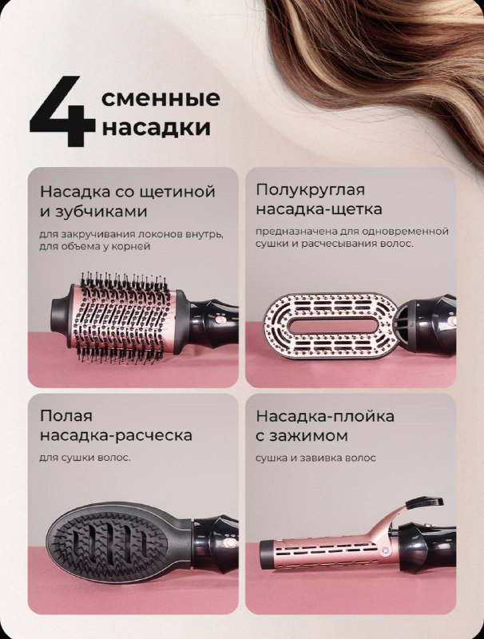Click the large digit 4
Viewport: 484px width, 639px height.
(61, 113)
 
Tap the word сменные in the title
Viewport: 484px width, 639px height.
(161, 98)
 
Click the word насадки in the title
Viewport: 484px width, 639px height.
(157, 128)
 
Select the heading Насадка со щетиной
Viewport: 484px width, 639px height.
(128, 192)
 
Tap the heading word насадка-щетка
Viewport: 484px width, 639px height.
(319, 209)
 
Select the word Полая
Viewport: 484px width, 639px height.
(66, 416)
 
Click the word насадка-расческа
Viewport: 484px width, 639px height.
(116, 436)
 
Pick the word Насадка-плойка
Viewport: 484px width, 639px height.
(325, 416)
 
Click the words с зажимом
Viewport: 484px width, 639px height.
(301, 436)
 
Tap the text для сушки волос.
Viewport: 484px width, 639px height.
(85, 458)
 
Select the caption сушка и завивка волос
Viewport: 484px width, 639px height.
(315, 458)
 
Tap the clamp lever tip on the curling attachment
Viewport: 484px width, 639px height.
(432, 502)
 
